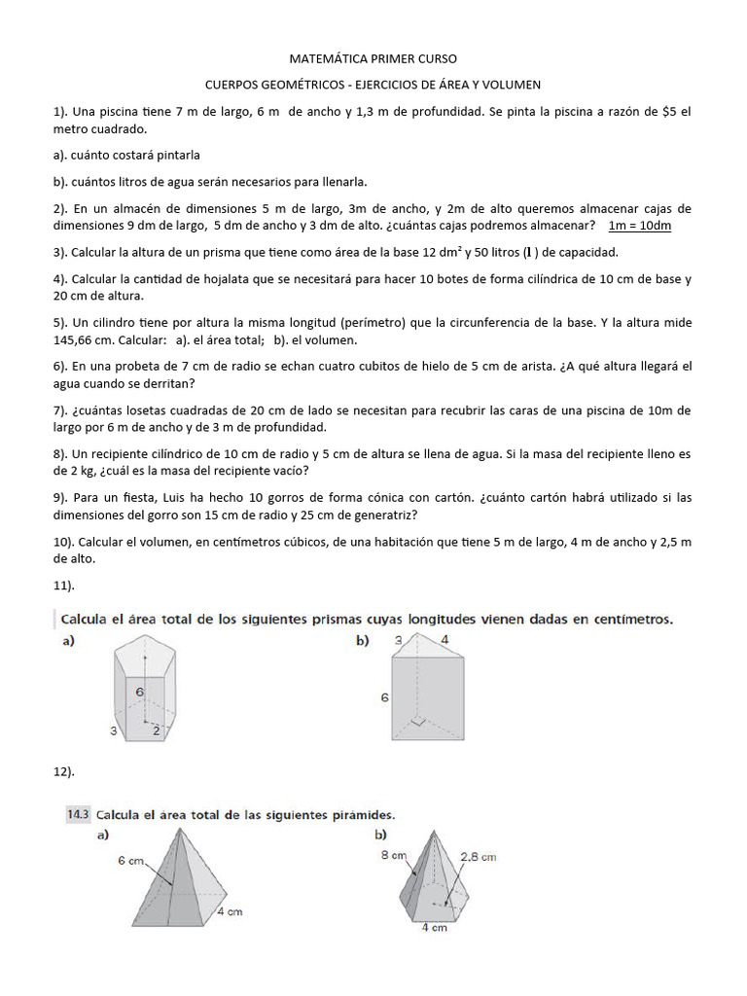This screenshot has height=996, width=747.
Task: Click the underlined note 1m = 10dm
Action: (639, 226)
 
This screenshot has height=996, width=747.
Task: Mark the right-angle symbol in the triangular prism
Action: (418, 723)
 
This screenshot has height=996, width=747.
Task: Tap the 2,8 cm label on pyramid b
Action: (477, 856)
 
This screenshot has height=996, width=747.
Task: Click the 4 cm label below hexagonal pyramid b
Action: (433, 928)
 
